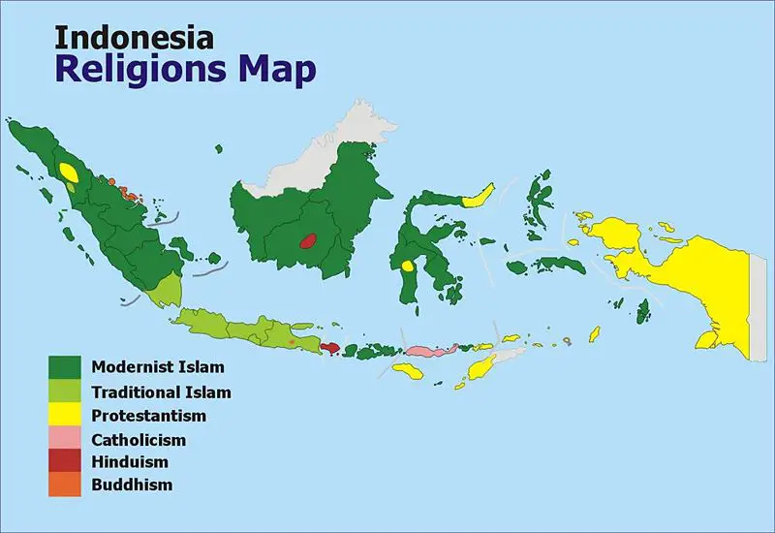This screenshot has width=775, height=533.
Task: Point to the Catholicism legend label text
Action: click(x=140, y=439)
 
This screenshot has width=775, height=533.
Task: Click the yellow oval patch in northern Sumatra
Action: click(x=68, y=172)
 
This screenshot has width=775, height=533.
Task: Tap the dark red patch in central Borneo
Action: click(x=309, y=239)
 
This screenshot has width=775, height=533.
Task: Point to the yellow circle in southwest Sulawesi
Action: click(x=409, y=265)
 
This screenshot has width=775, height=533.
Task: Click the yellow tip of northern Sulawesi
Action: click(x=480, y=195)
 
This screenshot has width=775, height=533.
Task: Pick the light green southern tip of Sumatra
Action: click(x=168, y=288)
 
